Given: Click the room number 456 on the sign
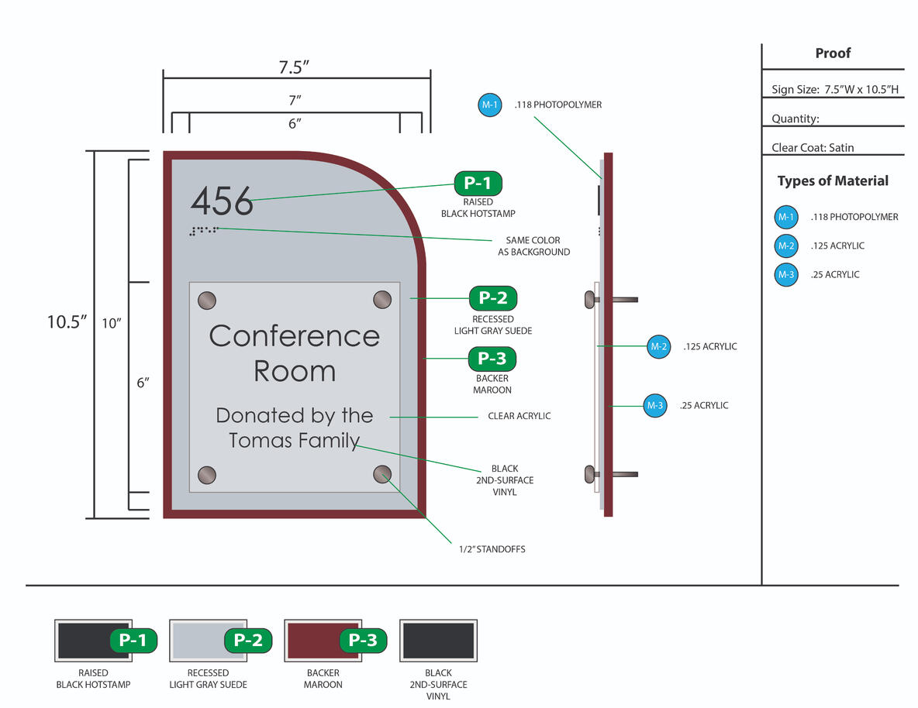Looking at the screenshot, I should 222,201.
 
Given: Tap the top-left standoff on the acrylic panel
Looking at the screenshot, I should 208,300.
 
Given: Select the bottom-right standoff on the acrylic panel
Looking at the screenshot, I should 382,474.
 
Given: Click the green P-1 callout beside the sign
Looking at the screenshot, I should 478,184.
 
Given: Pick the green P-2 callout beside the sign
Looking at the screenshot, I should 493,298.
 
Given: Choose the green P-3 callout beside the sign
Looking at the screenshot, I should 492,359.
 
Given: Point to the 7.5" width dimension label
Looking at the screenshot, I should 295,67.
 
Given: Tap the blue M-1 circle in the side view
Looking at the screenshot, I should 490,105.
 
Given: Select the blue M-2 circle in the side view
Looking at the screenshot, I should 658,346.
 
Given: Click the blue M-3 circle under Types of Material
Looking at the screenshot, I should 786,274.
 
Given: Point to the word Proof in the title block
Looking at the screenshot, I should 833,53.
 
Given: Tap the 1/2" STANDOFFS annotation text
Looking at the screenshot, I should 492,549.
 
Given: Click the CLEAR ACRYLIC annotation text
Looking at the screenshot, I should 519,416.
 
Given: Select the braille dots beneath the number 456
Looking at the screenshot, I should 204,229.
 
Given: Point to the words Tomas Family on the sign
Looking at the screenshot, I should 294,440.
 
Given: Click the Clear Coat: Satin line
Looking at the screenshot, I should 813,147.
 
